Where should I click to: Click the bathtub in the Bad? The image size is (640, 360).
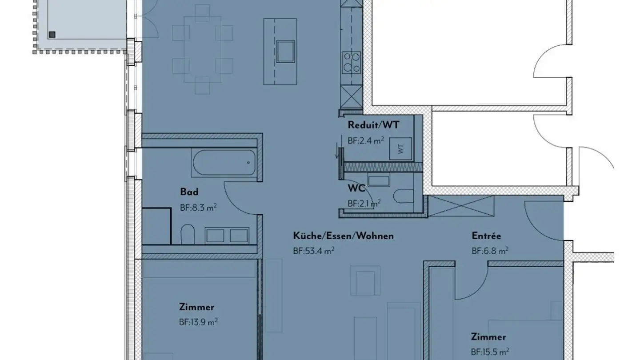coord(224,162)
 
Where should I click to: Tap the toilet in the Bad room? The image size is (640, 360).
coord(188,234)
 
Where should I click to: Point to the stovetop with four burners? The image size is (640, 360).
coord(351,62)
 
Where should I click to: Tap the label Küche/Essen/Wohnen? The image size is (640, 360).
coord(343,236)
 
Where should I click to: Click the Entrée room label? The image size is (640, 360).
coord(486,236)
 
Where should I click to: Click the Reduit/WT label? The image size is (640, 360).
coord(373,125)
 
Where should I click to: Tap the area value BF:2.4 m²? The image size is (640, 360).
coord(365,140)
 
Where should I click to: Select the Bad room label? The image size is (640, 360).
coord(189,192)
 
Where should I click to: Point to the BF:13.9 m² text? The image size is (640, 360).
coord(198,322)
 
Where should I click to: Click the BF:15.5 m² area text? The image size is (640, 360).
coord(490,352)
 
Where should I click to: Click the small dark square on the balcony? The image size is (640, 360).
coord(52,34)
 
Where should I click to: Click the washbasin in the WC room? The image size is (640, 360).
coord(379,181)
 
